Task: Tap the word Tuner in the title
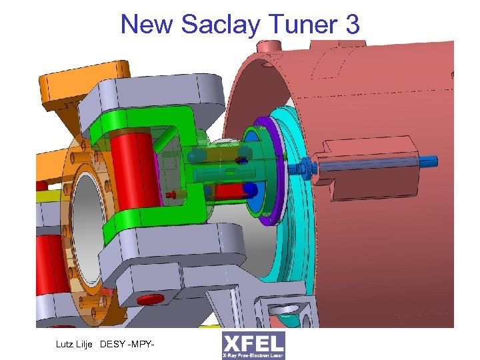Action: (304, 25)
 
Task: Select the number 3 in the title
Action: (352, 25)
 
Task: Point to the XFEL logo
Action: (253, 345)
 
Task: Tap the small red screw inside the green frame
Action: (173, 195)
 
